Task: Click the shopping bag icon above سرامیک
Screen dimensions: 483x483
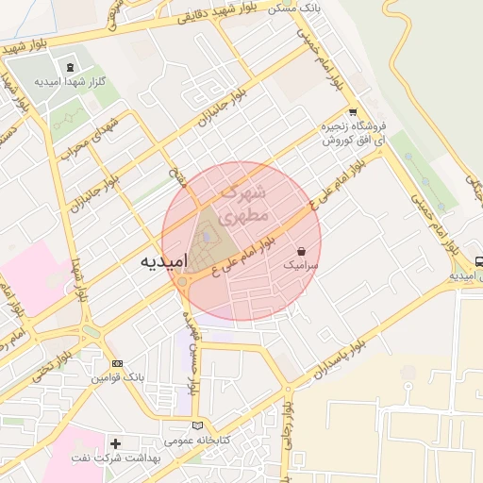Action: [301, 252]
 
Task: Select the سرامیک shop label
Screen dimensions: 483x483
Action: [301, 268]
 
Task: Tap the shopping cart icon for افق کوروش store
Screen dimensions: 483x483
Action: [353, 110]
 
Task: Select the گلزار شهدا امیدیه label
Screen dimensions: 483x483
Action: [69, 82]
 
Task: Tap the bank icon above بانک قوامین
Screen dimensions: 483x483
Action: [116, 364]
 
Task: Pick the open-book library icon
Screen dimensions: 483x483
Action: [196, 425]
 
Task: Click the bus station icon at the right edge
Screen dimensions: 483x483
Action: [479, 261]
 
